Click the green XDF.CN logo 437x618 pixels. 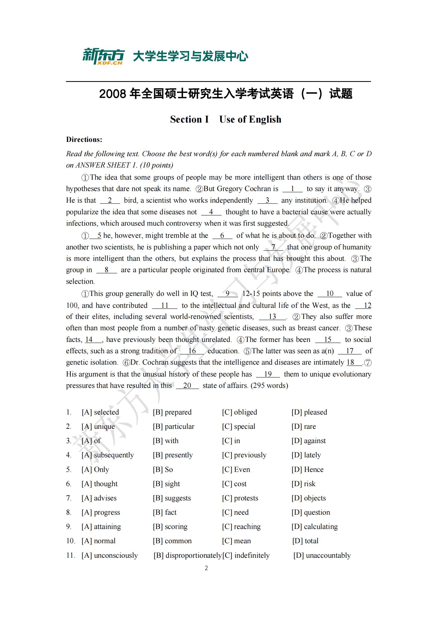103,57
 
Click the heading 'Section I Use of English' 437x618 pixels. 225,119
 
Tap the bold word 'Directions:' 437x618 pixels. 84,140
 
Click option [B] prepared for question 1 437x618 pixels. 172,412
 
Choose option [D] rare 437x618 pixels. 304,426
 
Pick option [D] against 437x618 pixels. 308,441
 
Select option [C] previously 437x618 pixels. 244,455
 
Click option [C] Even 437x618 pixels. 236,470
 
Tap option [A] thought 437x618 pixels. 100,484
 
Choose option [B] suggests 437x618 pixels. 172,498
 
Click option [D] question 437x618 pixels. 310,512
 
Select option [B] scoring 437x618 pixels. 170,527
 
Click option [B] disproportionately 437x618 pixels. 188,555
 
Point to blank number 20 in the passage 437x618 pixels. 187,385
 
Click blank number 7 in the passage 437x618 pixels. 273,247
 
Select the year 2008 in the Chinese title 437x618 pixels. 113,94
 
